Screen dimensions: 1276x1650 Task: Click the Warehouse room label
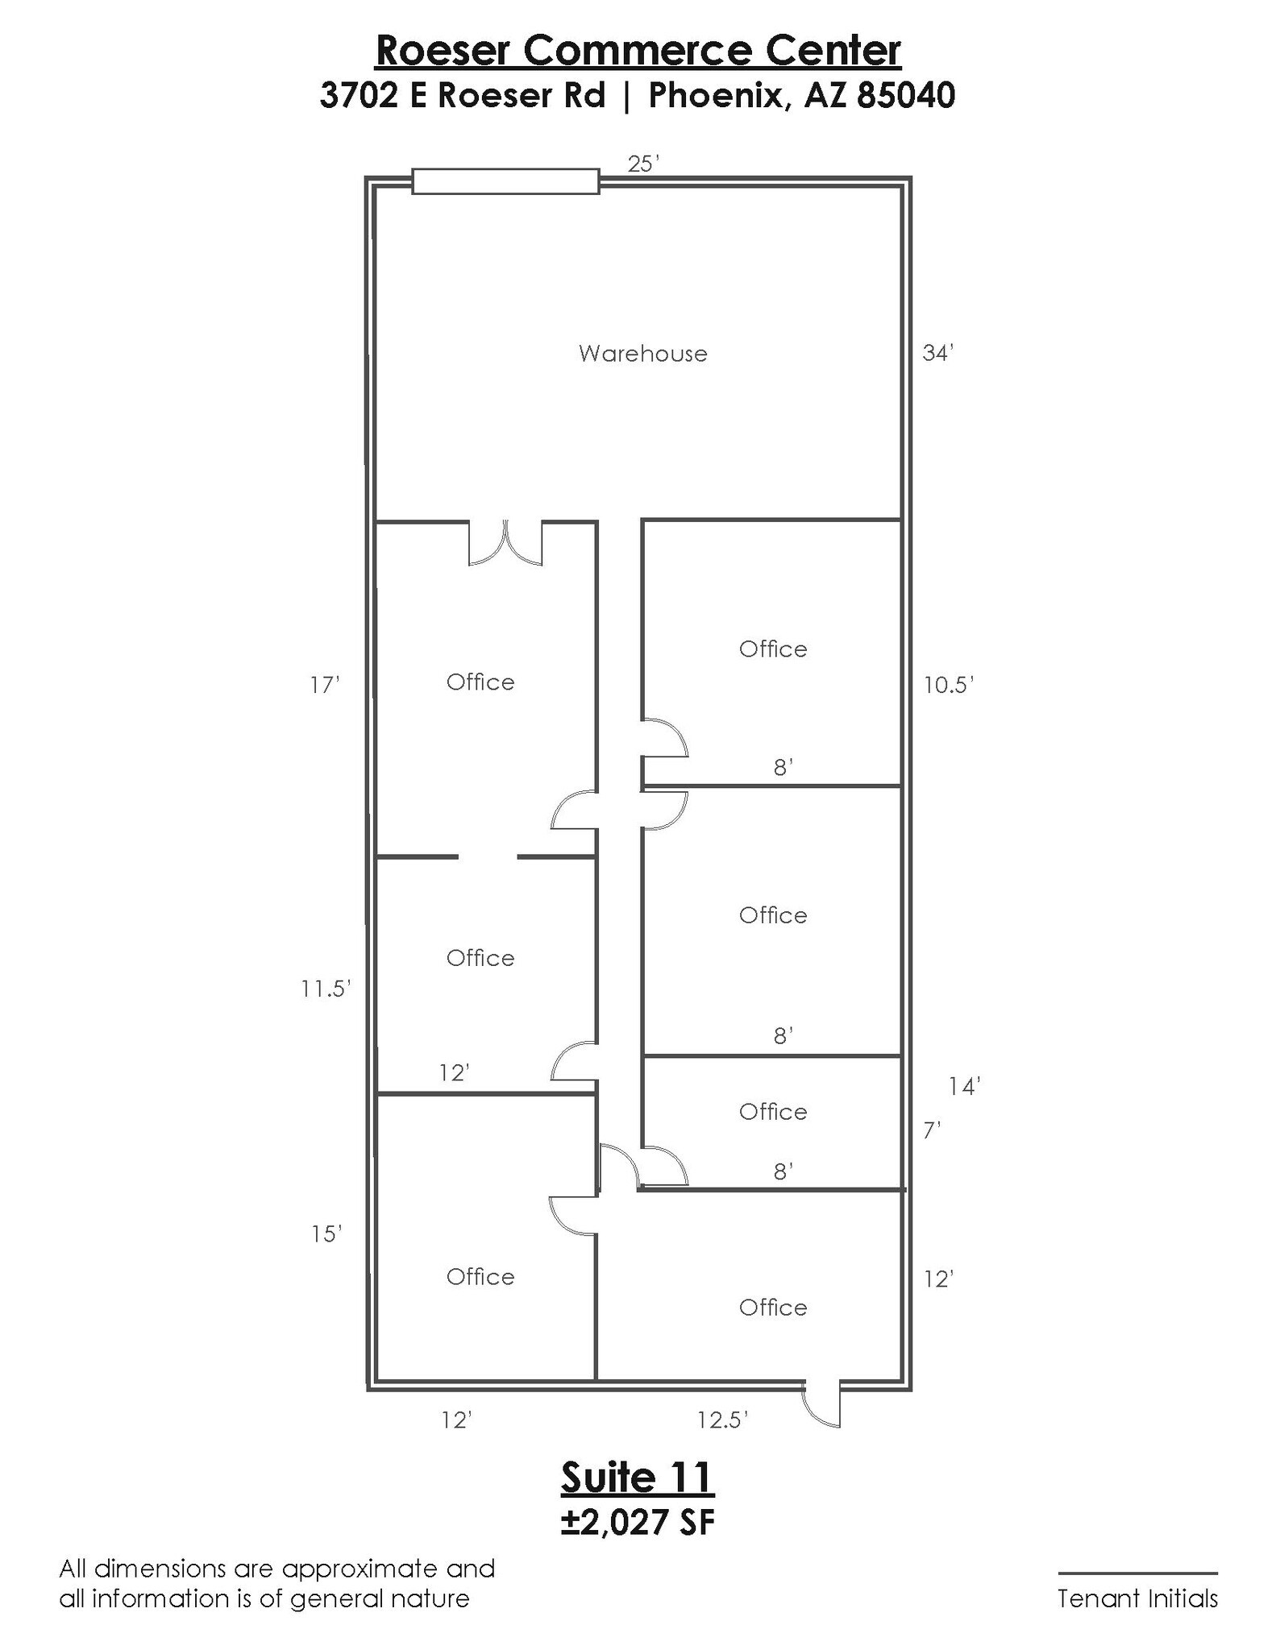click(x=642, y=354)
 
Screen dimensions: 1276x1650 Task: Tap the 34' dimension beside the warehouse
click(x=938, y=353)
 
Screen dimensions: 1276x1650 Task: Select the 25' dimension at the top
click(x=644, y=164)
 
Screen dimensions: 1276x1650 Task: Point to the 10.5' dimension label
click(x=949, y=685)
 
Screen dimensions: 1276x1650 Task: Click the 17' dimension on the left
click(x=326, y=685)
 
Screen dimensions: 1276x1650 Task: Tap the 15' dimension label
click(x=327, y=1233)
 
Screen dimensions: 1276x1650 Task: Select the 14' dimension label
click(x=964, y=1087)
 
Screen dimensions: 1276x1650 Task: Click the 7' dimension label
click(x=932, y=1131)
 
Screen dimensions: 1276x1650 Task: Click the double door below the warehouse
click(x=505, y=542)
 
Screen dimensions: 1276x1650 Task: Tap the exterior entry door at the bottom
click(x=822, y=1404)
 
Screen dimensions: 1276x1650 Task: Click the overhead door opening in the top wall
click(x=505, y=181)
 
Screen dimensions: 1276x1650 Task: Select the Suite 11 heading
click(x=637, y=1478)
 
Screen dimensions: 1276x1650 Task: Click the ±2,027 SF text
click(x=638, y=1523)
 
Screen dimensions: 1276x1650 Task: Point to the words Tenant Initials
click(x=1137, y=1598)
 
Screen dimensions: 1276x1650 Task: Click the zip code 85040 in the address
click(x=906, y=95)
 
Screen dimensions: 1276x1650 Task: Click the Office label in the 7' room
click(x=773, y=1112)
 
